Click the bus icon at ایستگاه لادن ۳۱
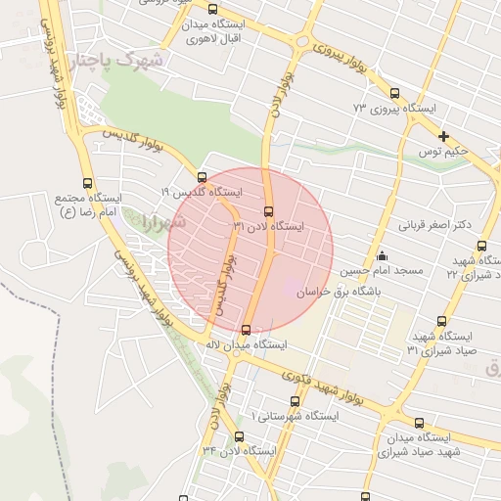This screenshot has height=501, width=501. [269, 211]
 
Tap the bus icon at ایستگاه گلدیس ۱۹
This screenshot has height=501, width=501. [202, 178]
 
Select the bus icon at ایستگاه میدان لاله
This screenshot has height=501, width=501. [245, 330]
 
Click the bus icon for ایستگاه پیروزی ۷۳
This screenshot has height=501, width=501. [394, 94]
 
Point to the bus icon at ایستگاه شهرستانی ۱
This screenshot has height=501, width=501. [296, 401]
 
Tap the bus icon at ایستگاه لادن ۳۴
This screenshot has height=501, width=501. [239, 436]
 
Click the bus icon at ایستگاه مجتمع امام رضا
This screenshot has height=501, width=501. [88, 183]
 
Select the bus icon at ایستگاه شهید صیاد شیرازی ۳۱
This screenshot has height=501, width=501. [441, 321]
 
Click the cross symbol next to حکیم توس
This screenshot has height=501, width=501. [443, 136]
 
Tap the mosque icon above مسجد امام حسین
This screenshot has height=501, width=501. [380, 256]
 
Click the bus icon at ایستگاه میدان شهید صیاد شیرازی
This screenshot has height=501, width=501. [419, 424]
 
